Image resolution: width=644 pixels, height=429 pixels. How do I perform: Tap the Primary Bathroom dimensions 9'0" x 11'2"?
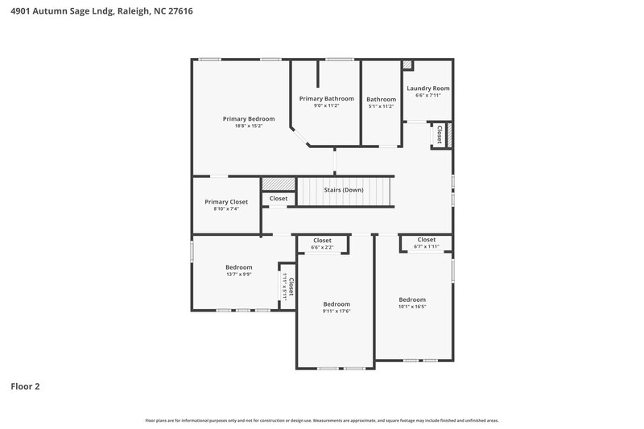pos(326,105)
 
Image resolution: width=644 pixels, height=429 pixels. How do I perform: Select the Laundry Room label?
pos(427,88)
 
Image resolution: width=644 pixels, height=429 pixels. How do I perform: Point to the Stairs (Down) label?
pos(343,190)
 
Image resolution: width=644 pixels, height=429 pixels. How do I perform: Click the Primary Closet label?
pos(226,202)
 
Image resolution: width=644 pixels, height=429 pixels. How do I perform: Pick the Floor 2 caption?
pos(25,386)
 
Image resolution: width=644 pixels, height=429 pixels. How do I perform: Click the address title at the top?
pos(101,11)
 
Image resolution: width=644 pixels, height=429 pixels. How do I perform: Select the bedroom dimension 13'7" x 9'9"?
pos(238,274)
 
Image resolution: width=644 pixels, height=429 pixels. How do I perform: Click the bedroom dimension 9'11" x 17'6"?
pos(336,311)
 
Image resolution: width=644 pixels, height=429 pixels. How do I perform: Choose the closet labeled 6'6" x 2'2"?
pos(322,246)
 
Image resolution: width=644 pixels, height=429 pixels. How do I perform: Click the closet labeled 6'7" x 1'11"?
pos(426,245)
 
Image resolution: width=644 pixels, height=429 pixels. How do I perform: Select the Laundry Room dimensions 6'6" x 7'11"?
pos(427,95)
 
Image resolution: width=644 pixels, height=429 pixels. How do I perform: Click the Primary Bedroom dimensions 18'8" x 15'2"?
pos(248,126)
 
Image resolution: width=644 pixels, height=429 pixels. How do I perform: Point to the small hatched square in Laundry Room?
pos(407,65)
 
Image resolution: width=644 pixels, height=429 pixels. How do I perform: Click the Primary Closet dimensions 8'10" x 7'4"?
pos(226,208)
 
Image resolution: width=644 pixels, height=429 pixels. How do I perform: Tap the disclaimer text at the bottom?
pos(322,420)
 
